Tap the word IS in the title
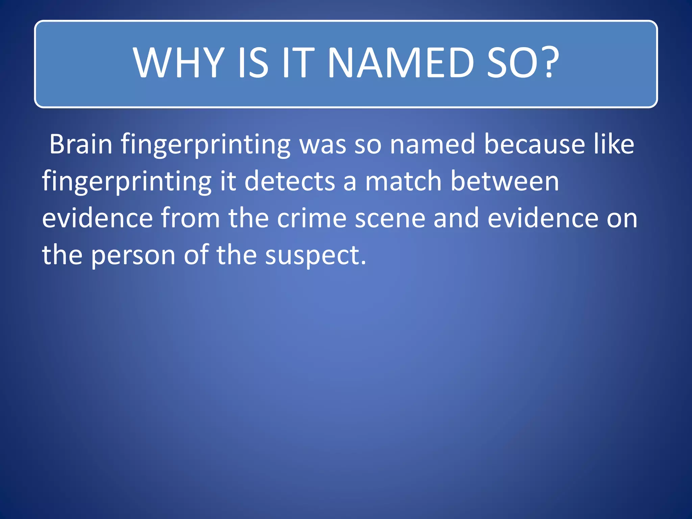tap(253, 63)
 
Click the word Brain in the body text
tap(81, 144)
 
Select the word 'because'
tap(535, 144)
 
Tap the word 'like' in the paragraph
tap(614, 144)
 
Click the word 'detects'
tap(290, 181)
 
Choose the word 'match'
tap(403, 181)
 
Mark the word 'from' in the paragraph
tap(190, 218)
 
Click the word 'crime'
tap(312, 218)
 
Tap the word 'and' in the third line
tap(456, 218)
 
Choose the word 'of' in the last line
tap(196, 255)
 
